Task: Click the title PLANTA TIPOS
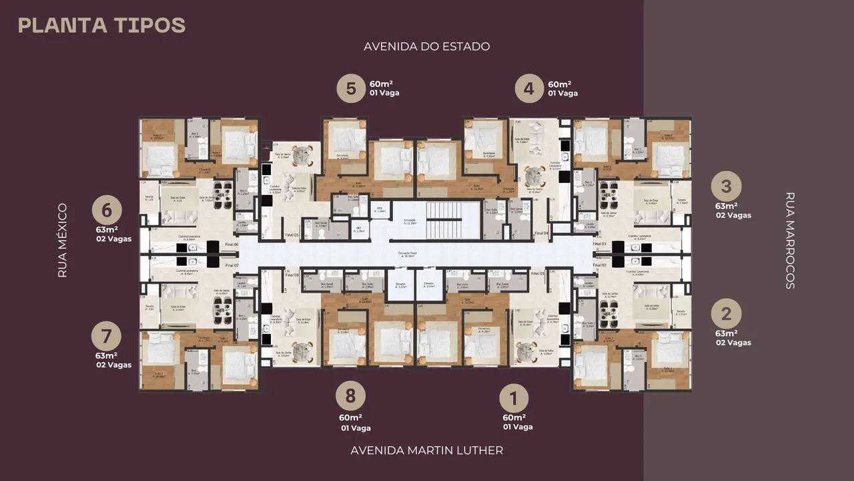[101, 25]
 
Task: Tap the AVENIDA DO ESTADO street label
[427, 46]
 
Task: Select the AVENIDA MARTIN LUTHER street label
[427, 450]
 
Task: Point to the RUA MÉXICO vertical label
[63, 240]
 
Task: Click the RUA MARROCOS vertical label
[791, 240]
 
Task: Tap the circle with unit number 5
[350, 88]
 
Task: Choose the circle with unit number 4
[528, 88]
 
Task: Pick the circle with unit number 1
[514, 399]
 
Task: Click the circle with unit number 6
[107, 210]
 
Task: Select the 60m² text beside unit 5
[381, 84]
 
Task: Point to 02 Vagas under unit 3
[733, 215]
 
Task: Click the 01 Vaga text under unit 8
[356, 428]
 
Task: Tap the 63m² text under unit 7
[107, 355]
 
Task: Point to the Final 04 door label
[541, 233]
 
